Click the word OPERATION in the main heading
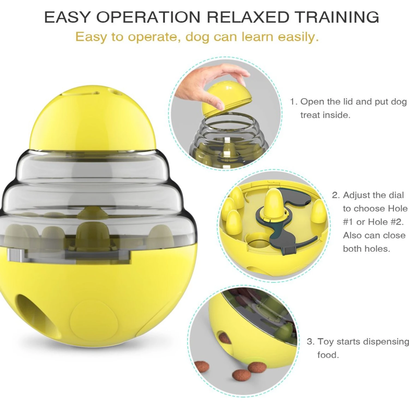coord(148,17)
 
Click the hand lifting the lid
coord(207,85)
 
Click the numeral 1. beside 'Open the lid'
coord(293,102)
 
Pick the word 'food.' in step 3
coord(328,355)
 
